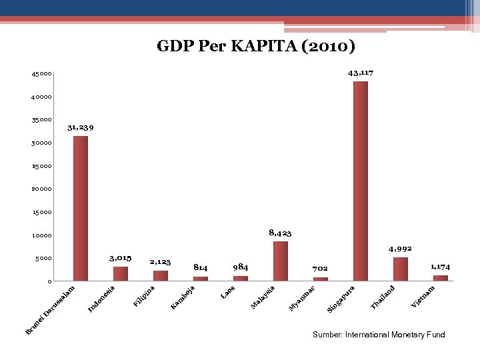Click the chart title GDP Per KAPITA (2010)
[256, 46]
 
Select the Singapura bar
[361, 181]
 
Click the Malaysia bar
[281, 261]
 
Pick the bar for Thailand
[401, 269]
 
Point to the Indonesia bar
[121, 273]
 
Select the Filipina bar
[161, 275]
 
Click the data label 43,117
[361, 72]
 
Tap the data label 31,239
[81, 127]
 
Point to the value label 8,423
[280, 233]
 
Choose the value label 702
[321, 268]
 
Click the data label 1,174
[439, 267]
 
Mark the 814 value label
[201, 267]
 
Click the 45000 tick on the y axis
[41, 74]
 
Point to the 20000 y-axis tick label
[41, 189]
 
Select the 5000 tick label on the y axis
[43, 259]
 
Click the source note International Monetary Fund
[379, 335]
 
